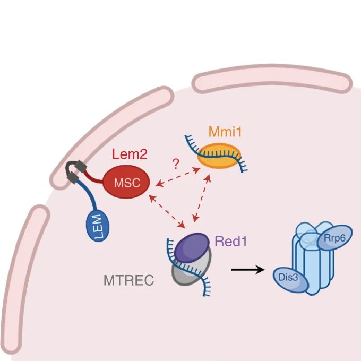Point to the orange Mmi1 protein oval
[x=219, y=156]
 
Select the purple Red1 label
[x=231, y=241]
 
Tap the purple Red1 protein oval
[x=192, y=247]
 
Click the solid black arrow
[x=248, y=270]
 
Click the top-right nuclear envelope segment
[x=271, y=80]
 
